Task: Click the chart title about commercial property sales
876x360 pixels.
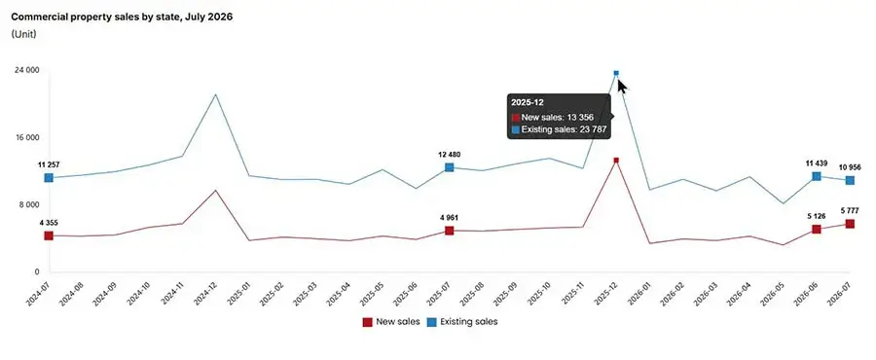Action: click(122, 17)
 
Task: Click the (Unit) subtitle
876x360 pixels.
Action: click(24, 35)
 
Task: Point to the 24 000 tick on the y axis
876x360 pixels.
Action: click(27, 70)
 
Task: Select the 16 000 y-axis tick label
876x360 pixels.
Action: click(27, 137)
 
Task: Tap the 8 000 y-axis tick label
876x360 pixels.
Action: click(29, 205)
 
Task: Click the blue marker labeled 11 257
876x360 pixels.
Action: click(49, 177)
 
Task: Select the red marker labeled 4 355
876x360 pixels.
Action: click(49, 235)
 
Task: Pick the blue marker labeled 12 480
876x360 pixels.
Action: click(449, 167)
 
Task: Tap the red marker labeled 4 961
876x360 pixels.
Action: click(449, 231)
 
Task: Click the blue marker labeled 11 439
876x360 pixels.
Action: click(817, 176)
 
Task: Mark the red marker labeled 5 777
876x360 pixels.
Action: click(850, 224)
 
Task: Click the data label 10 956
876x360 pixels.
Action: click(849, 167)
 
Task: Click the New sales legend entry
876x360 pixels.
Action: click(387, 322)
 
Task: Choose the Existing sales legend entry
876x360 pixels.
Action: click(462, 322)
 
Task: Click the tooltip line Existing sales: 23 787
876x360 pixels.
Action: click(559, 130)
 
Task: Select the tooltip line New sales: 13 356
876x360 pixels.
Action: click(553, 117)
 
